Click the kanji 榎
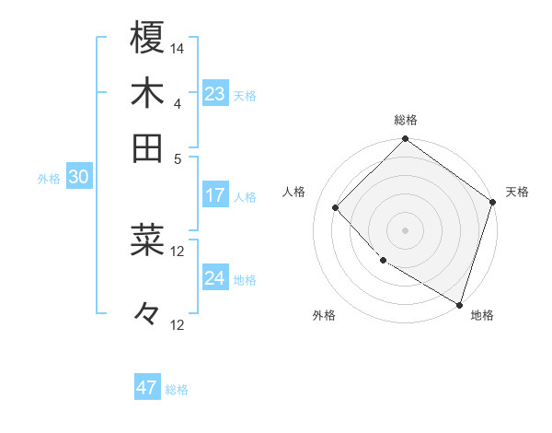pos(147,38)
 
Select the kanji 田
pos(147,146)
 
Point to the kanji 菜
pos(147,240)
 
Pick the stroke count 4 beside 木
pos(178,102)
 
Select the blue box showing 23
pos(215,94)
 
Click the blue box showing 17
pos(215,195)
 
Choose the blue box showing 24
pos(215,278)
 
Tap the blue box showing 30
pos(78,178)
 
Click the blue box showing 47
pos(147,388)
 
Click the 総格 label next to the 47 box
pos(177,390)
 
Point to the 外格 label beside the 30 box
pos(49,179)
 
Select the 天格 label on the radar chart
pos(517,192)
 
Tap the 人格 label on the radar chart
pos(294,192)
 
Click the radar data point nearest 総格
pos(405,140)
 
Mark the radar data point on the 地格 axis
pos(459,303)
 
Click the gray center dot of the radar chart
pos(405,229)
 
